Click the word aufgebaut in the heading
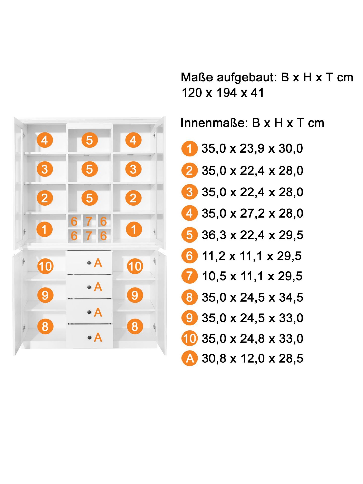(247, 77)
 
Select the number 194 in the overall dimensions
(227, 93)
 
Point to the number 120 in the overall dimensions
(192, 93)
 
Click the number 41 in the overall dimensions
(257, 93)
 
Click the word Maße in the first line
(197, 77)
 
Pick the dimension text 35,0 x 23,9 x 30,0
(252, 148)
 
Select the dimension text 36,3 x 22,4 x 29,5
(253, 235)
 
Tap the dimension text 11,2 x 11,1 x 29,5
(252, 256)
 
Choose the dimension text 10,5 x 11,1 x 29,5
(252, 276)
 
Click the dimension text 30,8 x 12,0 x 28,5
(253, 358)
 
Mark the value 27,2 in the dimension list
(252, 214)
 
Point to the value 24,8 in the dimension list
(252, 339)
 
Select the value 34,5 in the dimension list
(291, 298)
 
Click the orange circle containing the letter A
(190, 358)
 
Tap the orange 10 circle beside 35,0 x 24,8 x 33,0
(190, 338)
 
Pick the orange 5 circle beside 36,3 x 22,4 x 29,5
(190, 235)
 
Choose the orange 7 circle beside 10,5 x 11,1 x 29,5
(190, 276)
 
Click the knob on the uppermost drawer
(89, 263)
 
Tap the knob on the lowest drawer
(89, 338)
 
